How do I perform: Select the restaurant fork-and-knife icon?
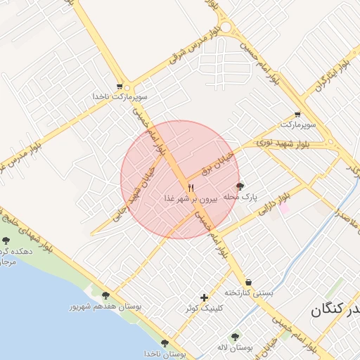191,188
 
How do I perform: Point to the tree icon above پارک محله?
240,186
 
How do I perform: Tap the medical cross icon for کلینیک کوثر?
204,298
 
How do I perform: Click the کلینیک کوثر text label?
204,308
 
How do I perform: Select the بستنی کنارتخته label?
248,292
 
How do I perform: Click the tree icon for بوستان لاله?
235,337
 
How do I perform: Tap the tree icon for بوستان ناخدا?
165,344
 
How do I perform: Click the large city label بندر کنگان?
335,309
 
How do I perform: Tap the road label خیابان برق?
217,161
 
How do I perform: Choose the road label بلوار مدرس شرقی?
194,51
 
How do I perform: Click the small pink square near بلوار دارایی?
285,208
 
